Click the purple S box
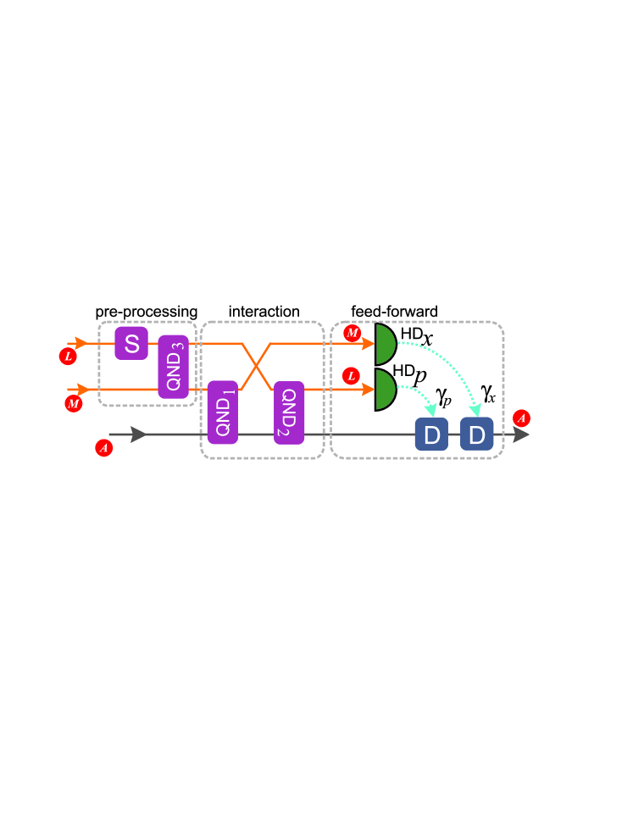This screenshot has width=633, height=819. pos(131,344)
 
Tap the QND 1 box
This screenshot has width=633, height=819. pos(223,412)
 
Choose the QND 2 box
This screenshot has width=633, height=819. pos(288,412)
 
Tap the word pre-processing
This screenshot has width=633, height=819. pos(146,312)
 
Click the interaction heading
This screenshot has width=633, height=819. pos(264,312)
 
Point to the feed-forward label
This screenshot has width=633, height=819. pos(394,312)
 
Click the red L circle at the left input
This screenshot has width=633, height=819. pos(68,356)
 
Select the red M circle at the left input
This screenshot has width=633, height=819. pos(73,403)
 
